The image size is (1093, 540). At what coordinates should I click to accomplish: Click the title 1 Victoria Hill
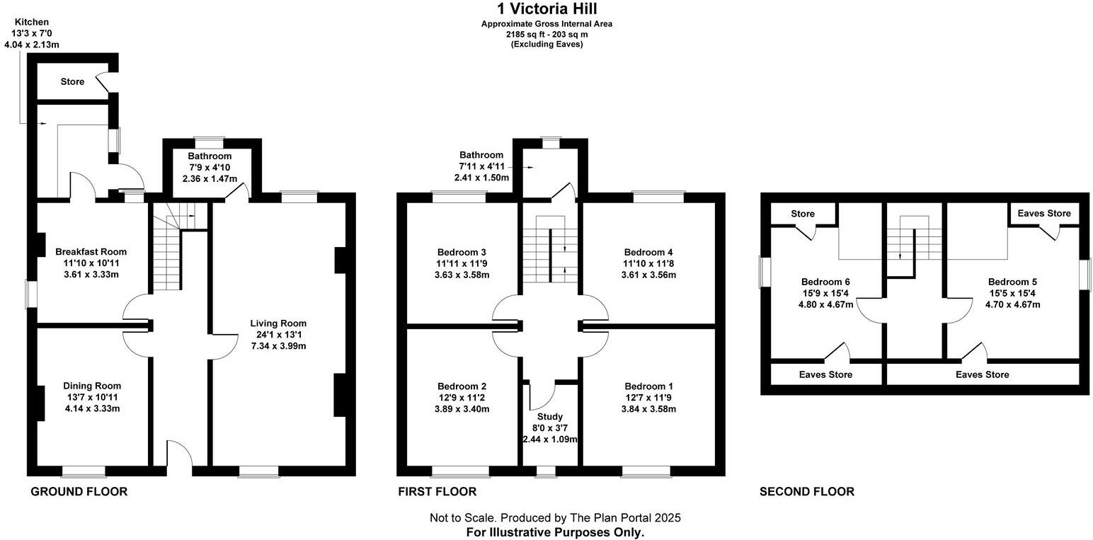tap(546, 8)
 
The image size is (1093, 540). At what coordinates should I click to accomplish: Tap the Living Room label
tap(278, 323)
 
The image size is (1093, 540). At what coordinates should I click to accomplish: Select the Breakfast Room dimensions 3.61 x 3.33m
tap(91, 274)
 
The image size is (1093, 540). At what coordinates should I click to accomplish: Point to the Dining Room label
tap(92, 386)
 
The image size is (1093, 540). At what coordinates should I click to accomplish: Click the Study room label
tap(550, 417)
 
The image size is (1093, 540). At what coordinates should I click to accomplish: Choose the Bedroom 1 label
tap(648, 386)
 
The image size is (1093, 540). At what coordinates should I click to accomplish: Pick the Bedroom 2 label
tap(462, 386)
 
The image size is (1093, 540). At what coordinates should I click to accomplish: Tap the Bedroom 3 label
tap(462, 252)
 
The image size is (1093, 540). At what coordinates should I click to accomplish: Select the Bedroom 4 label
tap(648, 252)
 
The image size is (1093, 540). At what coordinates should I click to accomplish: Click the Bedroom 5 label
tap(1012, 282)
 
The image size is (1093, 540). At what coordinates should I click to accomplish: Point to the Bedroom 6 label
tap(825, 282)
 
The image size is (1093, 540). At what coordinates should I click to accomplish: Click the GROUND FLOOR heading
tap(79, 492)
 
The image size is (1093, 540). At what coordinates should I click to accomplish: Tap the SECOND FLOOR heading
tap(807, 492)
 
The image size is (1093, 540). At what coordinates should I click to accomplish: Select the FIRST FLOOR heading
tap(437, 492)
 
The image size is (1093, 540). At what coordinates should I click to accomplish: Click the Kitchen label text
tap(32, 22)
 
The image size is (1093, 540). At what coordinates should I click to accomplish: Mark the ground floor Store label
tap(72, 81)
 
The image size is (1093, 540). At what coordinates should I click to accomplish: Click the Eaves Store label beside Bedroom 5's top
tap(1044, 213)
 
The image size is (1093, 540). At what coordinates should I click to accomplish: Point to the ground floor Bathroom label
tap(210, 156)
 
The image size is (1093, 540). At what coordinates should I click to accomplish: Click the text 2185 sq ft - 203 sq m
tap(547, 34)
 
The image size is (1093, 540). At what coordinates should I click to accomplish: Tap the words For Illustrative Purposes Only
tap(555, 532)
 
